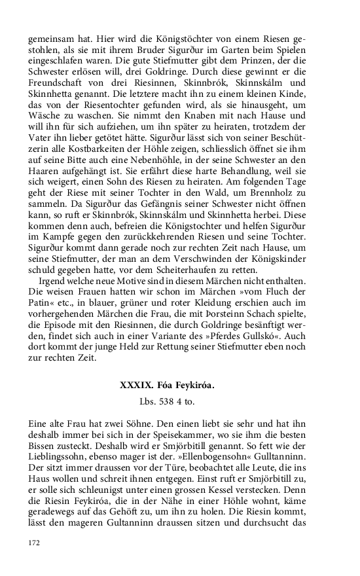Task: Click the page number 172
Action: pos(35,543)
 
